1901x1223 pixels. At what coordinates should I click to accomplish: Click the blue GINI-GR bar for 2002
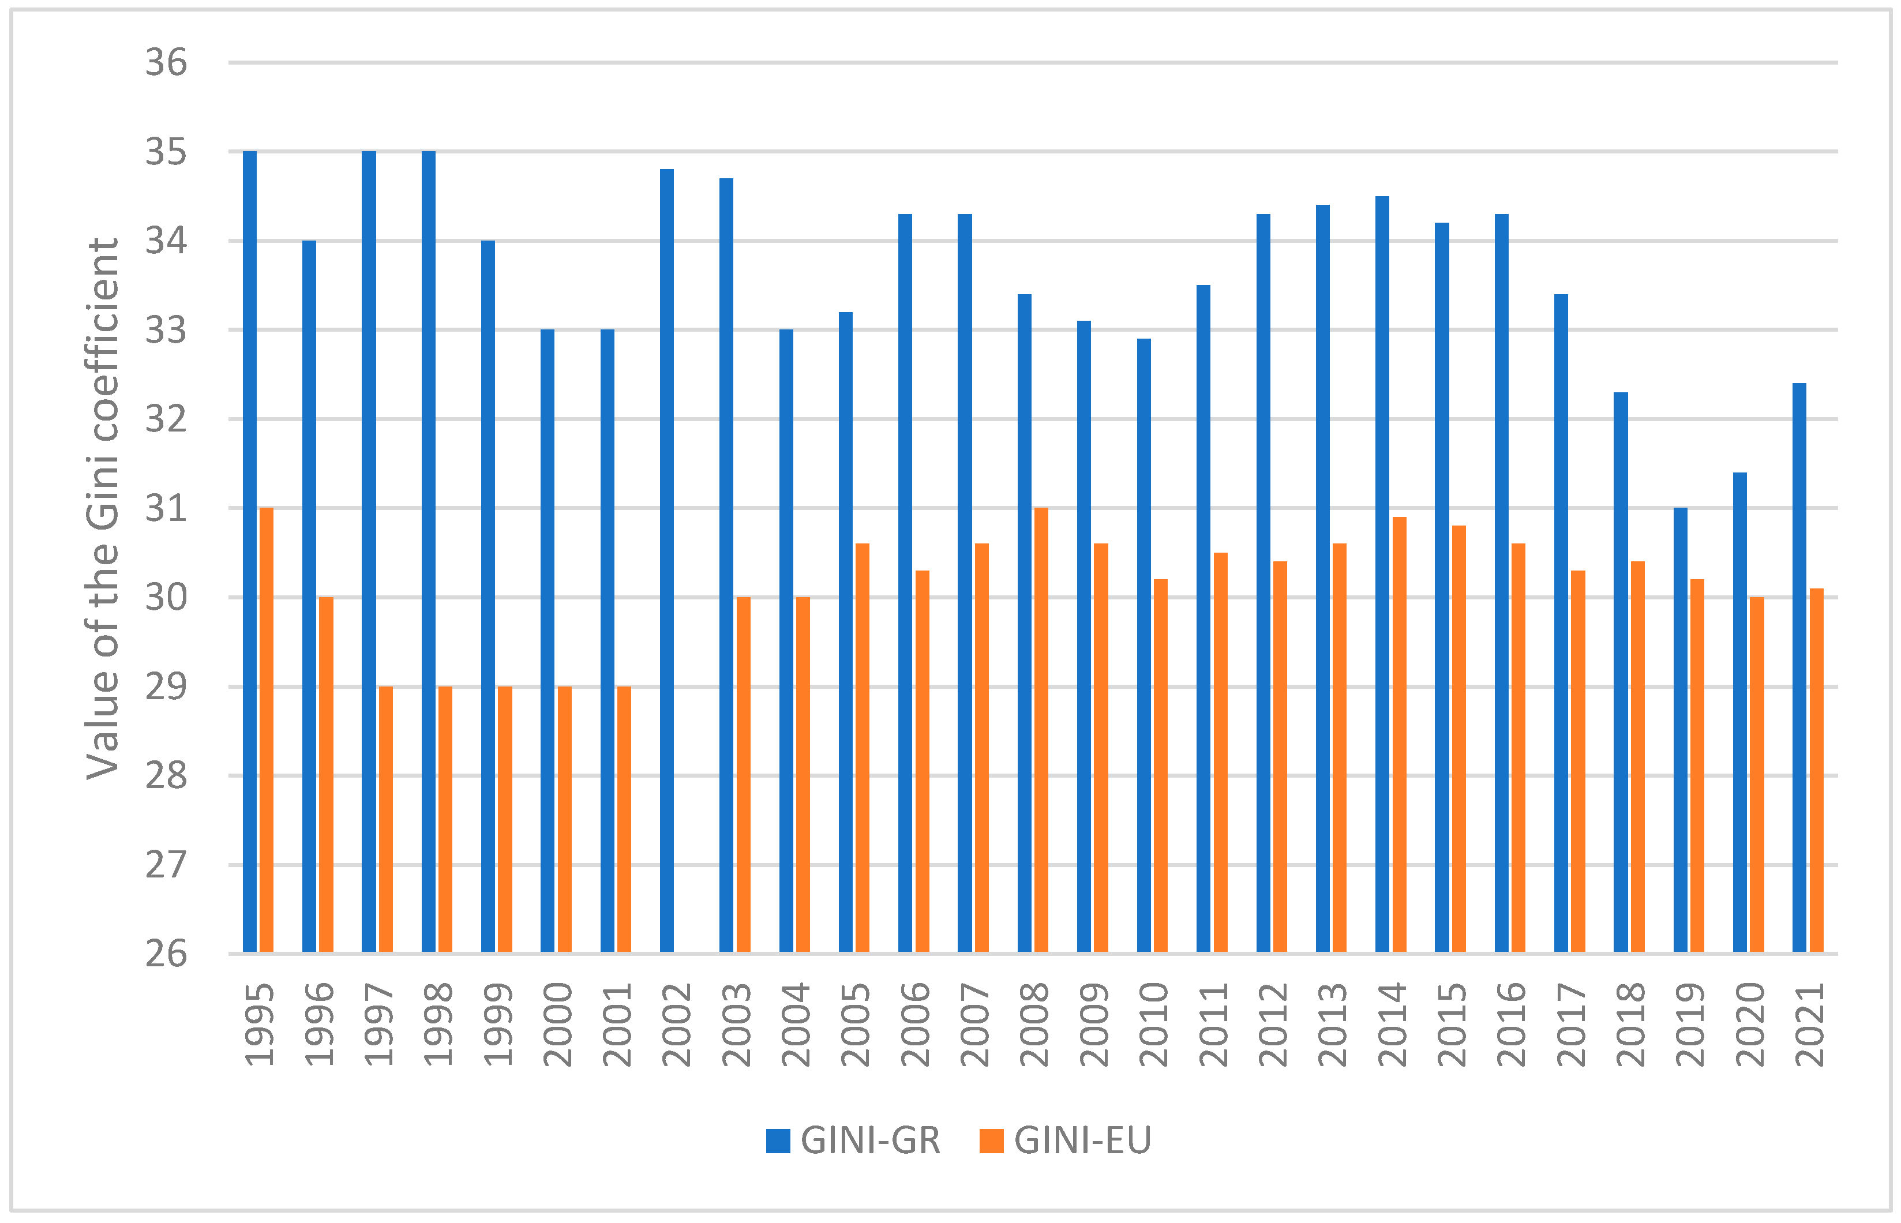(x=666, y=560)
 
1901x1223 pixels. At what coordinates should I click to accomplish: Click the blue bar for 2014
(x=1382, y=573)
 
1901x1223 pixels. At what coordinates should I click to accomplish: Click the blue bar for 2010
(x=1143, y=645)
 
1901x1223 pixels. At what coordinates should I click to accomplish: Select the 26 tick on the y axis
(x=166, y=954)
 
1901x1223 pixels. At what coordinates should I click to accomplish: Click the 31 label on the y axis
(x=166, y=508)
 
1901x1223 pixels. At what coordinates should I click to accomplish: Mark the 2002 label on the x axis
(x=677, y=1025)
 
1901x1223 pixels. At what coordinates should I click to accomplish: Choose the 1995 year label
(x=259, y=1025)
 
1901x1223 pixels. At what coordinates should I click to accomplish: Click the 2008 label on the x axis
(x=1034, y=1025)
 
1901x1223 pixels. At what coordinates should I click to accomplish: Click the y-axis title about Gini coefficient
(x=103, y=508)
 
